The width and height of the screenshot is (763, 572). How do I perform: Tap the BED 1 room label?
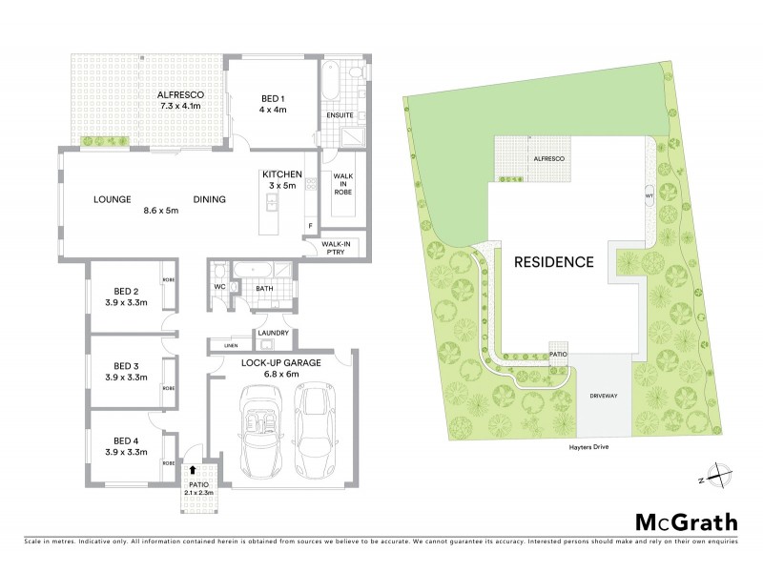(x=274, y=95)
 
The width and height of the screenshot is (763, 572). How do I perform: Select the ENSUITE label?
(x=340, y=115)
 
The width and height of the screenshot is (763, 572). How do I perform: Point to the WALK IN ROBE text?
(x=343, y=184)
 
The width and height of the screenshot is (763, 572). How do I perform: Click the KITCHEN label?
(x=282, y=174)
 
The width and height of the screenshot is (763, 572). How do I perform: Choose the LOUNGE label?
(x=112, y=199)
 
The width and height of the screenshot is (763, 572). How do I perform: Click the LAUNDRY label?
(x=270, y=333)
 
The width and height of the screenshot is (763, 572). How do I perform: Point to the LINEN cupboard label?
(x=230, y=345)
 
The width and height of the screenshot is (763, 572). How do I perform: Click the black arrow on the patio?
(x=194, y=468)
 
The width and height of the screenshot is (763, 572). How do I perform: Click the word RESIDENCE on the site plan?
(x=554, y=261)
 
